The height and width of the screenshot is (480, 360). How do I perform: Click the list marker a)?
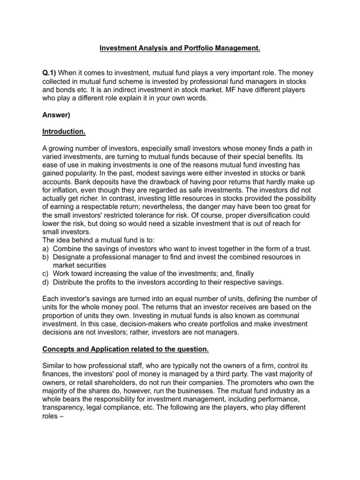point(46,248)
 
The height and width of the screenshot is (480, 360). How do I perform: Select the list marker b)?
point(46,257)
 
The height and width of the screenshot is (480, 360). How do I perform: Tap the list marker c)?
point(46,274)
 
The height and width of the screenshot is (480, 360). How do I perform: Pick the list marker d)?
point(46,282)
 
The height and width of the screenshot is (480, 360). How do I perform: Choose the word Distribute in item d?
point(70,282)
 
